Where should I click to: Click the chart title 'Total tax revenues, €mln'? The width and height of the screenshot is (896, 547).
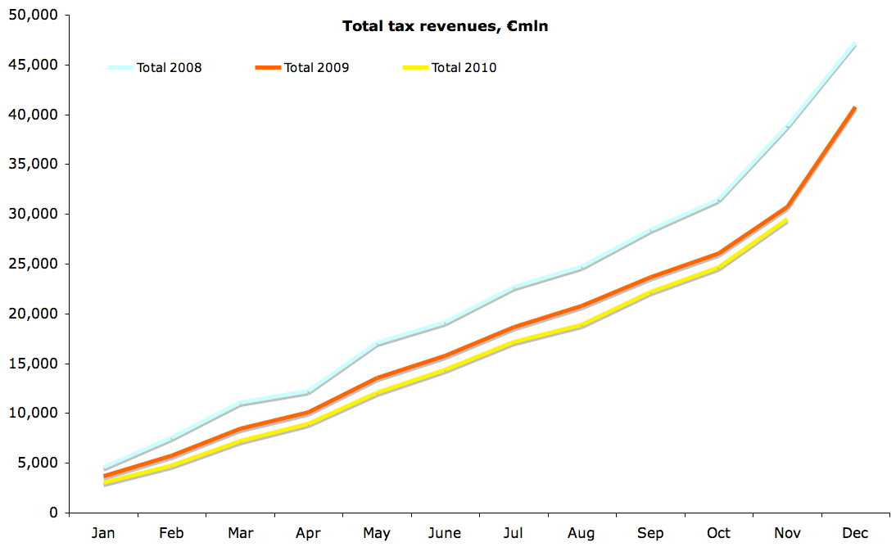(445, 26)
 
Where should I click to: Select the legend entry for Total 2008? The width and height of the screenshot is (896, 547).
(169, 68)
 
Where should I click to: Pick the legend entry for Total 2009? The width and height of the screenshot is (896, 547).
(316, 68)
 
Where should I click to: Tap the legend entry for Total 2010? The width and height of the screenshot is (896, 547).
(464, 68)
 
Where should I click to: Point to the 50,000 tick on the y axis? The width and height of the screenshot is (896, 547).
(34, 16)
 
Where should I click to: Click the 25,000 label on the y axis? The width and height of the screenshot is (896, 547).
(34, 264)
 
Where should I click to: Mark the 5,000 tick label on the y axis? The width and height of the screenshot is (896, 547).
(38, 463)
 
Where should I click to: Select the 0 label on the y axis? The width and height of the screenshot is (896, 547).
(53, 513)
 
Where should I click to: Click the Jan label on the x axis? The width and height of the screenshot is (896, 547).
(103, 534)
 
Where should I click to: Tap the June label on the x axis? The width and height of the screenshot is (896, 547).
(445, 534)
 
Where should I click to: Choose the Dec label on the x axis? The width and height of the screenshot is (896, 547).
(855, 534)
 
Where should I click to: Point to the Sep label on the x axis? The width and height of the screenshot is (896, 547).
(650, 534)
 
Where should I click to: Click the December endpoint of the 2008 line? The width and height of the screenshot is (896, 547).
(855, 44)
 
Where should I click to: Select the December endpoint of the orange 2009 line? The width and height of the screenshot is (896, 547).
(855, 107)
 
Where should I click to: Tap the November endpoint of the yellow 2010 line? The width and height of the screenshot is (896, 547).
(786, 219)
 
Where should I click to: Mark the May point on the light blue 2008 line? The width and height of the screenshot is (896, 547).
(377, 343)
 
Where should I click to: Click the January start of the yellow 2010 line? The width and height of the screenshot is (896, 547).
(104, 483)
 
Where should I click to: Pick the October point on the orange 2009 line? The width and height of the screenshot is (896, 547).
(718, 254)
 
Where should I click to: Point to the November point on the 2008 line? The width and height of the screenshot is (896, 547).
(787, 127)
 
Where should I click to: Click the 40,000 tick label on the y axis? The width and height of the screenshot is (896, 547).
(34, 115)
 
